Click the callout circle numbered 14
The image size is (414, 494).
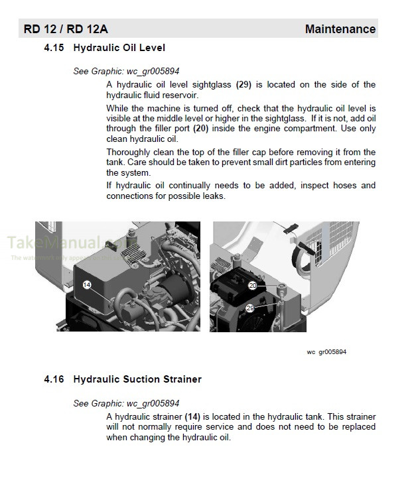pyautogui.click(x=88, y=284)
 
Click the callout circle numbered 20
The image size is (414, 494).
pyautogui.click(x=253, y=285)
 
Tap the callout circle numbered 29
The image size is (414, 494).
pyautogui.click(x=250, y=308)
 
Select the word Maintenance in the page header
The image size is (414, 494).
pyautogui.click(x=340, y=29)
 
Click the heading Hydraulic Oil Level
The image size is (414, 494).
pyautogui.click(x=119, y=48)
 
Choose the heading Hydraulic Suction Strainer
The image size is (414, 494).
pyautogui.click(x=137, y=380)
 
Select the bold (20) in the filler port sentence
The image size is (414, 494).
pyautogui.click(x=202, y=129)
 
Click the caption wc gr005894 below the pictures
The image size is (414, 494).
pyautogui.click(x=326, y=351)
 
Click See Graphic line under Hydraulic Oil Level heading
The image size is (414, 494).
pyautogui.click(x=126, y=71)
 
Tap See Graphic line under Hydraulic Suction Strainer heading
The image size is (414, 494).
pyautogui.click(x=126, y=403)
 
